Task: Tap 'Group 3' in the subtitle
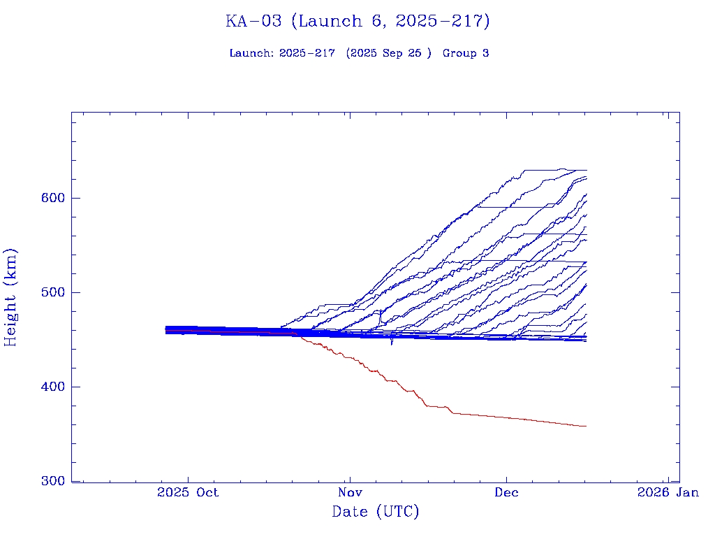465,54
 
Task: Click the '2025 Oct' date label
188,492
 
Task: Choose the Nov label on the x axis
350,492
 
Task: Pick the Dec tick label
506,492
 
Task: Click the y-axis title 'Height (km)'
11,296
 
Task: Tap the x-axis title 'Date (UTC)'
376,513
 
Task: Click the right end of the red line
585,426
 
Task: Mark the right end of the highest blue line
586,170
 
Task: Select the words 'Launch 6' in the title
333,22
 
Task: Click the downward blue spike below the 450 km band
392,342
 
